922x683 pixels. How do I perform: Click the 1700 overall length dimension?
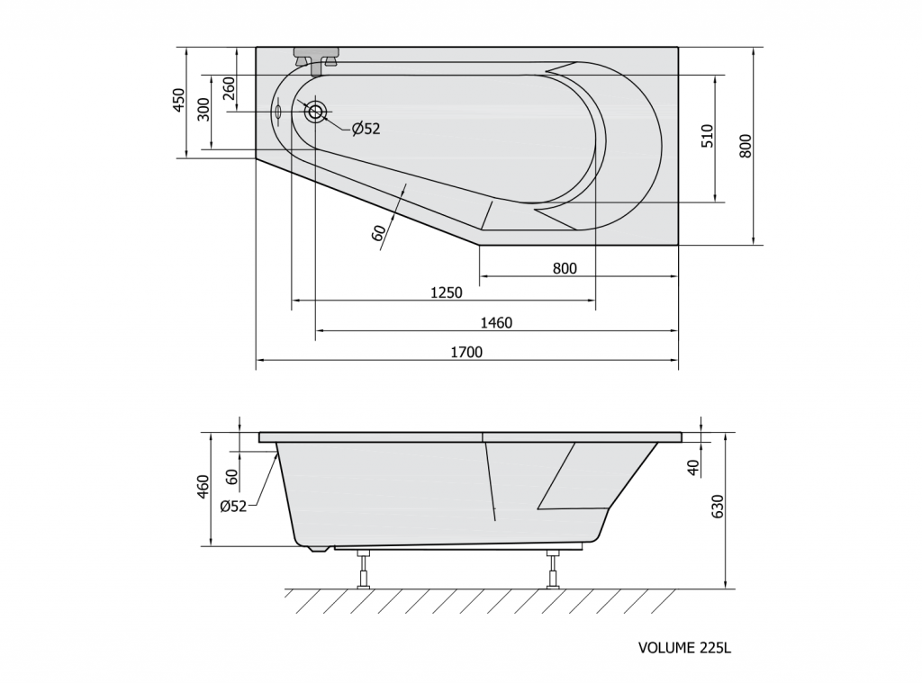466,352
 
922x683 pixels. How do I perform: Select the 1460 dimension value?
496,323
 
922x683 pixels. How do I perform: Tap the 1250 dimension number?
447,292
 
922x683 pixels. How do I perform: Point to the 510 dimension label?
707,136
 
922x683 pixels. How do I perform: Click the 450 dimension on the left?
179,99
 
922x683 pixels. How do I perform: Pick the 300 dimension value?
203,109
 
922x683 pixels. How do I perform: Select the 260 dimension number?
230,87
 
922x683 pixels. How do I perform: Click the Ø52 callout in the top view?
366,129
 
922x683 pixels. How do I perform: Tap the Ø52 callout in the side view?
233,506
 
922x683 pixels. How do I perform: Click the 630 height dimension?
718,506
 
